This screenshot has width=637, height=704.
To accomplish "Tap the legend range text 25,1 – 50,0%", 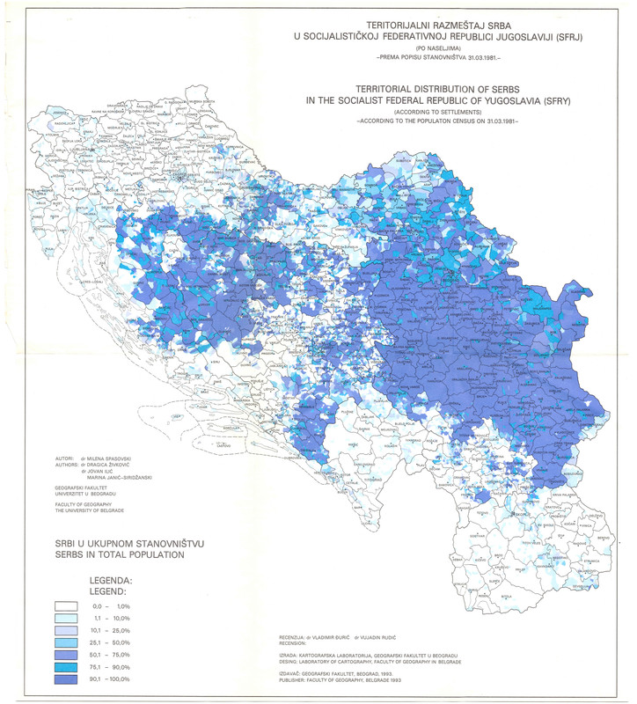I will coord(110,643).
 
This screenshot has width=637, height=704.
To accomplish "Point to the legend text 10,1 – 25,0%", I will coord(110,631).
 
